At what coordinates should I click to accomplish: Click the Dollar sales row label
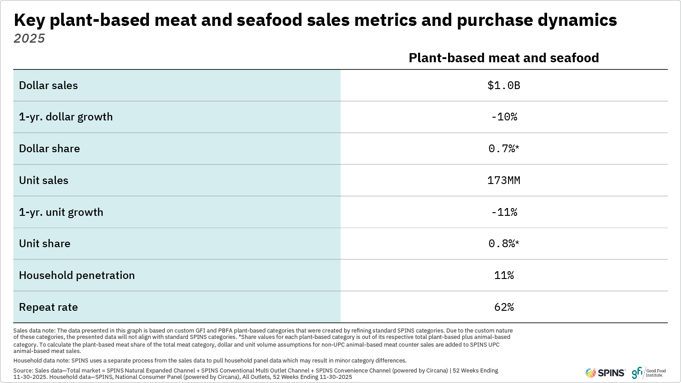tap(49, 85)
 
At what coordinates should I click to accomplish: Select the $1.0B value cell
tap(503, 85)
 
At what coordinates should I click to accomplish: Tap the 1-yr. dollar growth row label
tap(66, 117)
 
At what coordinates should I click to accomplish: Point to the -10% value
tap(504, 117)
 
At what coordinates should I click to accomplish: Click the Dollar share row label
tap(49, 149)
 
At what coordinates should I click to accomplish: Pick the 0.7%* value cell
tap(503, 149)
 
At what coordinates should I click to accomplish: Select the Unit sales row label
tap(44, 180)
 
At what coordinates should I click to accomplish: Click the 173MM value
tap(503, 180)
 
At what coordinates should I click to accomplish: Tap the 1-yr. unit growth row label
tap(61, 212)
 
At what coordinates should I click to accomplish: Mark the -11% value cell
tap(504, 212)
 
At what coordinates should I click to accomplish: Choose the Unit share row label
tap(44, 244)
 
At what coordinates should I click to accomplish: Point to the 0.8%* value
tap(503, 244)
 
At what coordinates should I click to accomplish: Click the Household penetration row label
tap(77, 275)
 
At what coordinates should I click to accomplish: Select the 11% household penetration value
tap(504, 275)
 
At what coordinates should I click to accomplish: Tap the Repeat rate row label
tap(49, 307)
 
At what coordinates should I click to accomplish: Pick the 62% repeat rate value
tap(504, 307)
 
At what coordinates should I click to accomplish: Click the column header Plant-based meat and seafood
tap(503, 58)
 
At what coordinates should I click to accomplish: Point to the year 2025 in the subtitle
tap(30, 39)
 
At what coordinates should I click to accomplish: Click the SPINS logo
tap(605, 373)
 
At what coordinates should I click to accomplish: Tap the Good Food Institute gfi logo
tap(649, 373)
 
